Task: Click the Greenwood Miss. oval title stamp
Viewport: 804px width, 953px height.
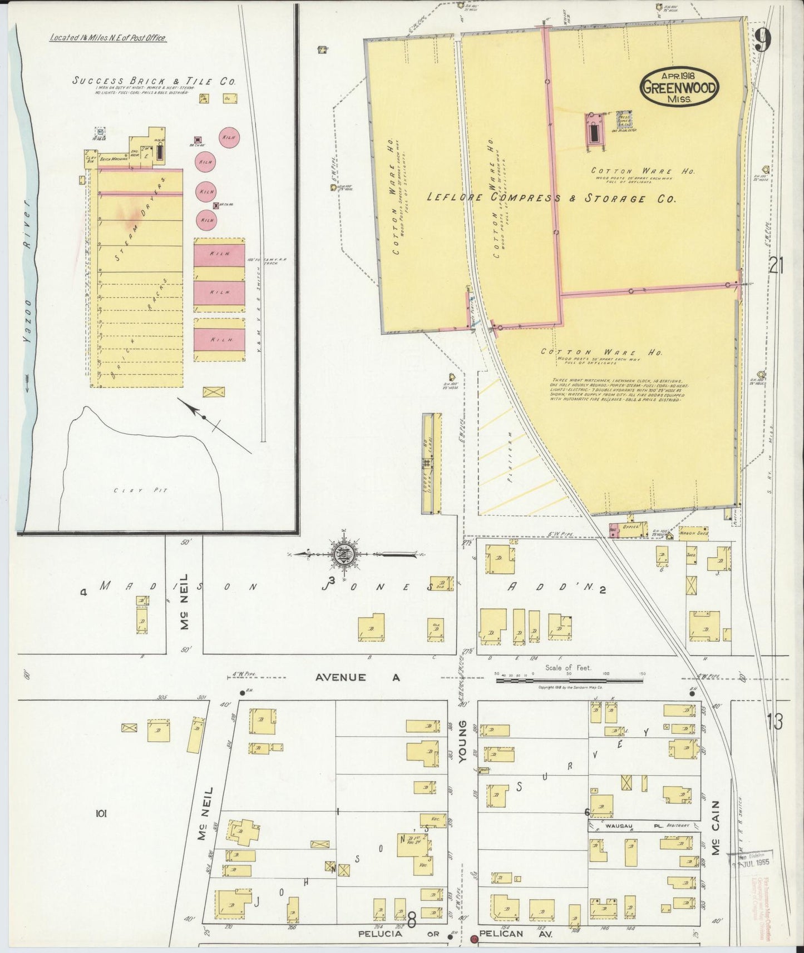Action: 679,87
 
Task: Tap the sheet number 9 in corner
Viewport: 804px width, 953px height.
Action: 763,39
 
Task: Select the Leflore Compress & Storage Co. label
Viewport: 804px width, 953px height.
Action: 551,198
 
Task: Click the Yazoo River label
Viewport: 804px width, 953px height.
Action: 28,250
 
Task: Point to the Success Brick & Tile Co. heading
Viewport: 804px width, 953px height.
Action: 154,81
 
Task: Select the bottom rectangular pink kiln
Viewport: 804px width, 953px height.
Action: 219,339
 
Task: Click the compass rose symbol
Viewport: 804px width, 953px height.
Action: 341,554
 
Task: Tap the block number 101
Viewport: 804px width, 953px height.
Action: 101,814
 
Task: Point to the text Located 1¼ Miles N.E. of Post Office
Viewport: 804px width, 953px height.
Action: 108,38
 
